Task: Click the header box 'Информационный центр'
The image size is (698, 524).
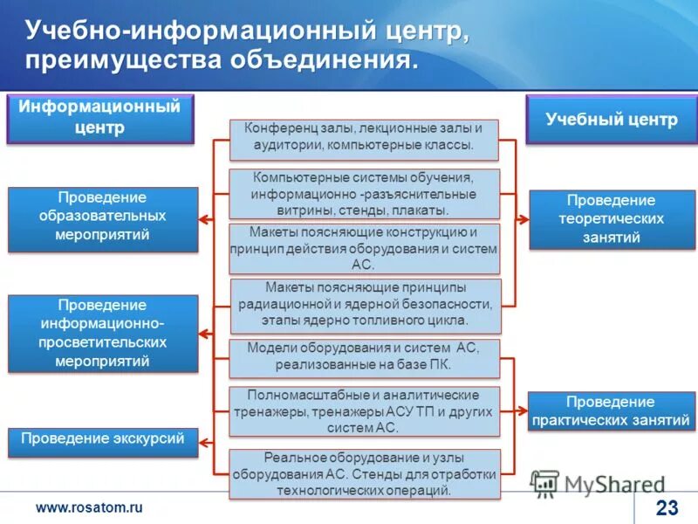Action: pyautogui.click(x=100, y=119)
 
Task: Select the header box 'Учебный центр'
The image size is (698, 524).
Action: pyautogui.click(x=611, y=120)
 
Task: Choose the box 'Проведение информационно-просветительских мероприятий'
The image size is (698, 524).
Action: pyautogui.click(x=103, y=333)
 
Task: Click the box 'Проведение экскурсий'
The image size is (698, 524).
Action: pyautogui.click(x=103, y=440)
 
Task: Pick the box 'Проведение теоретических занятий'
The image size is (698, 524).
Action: pyautogui.click(x=611, y=219)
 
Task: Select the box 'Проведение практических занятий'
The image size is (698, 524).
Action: pyautogui.click(x=611, y=411)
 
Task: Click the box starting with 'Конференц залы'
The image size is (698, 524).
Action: pyautogui.click(x=364, y=138)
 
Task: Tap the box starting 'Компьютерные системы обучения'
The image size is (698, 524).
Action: pyautogui.click(x=364, y=193)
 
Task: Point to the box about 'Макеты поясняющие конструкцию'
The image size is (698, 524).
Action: pyautogui.click(x=364, y=248)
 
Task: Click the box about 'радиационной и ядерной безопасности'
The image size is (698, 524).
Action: pyautogui.click(x=366, y=304)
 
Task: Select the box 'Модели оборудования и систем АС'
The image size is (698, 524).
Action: pyautogui.click(x=364, y=356)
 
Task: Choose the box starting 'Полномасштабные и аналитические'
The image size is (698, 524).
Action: pyautogui.click(x=364, y=411)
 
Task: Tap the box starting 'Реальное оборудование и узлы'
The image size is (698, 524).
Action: pyautogui.click(x=364, y=473)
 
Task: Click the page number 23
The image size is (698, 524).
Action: pyautogui.click(x=666, y=507)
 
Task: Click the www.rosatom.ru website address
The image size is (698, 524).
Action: pyautogui.click(x=87, y=507)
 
